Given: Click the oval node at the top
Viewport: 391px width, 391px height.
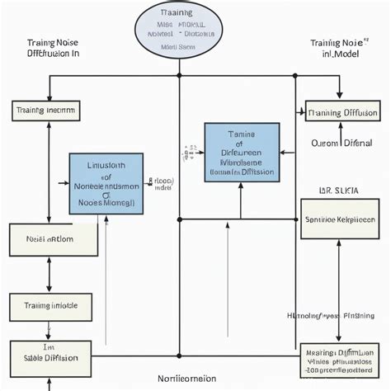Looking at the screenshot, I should [x=178, y=30].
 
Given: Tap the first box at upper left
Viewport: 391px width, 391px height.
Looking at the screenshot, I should [x=46, y=110].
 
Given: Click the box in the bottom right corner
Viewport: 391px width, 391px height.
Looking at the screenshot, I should [x=341, y=360].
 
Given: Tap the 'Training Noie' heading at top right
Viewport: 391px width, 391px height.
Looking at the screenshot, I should [x=337, y=47].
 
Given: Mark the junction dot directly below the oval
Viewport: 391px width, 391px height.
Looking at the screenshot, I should [x=179, y=77].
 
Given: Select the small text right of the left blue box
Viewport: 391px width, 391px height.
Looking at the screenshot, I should [x=160, y=183].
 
